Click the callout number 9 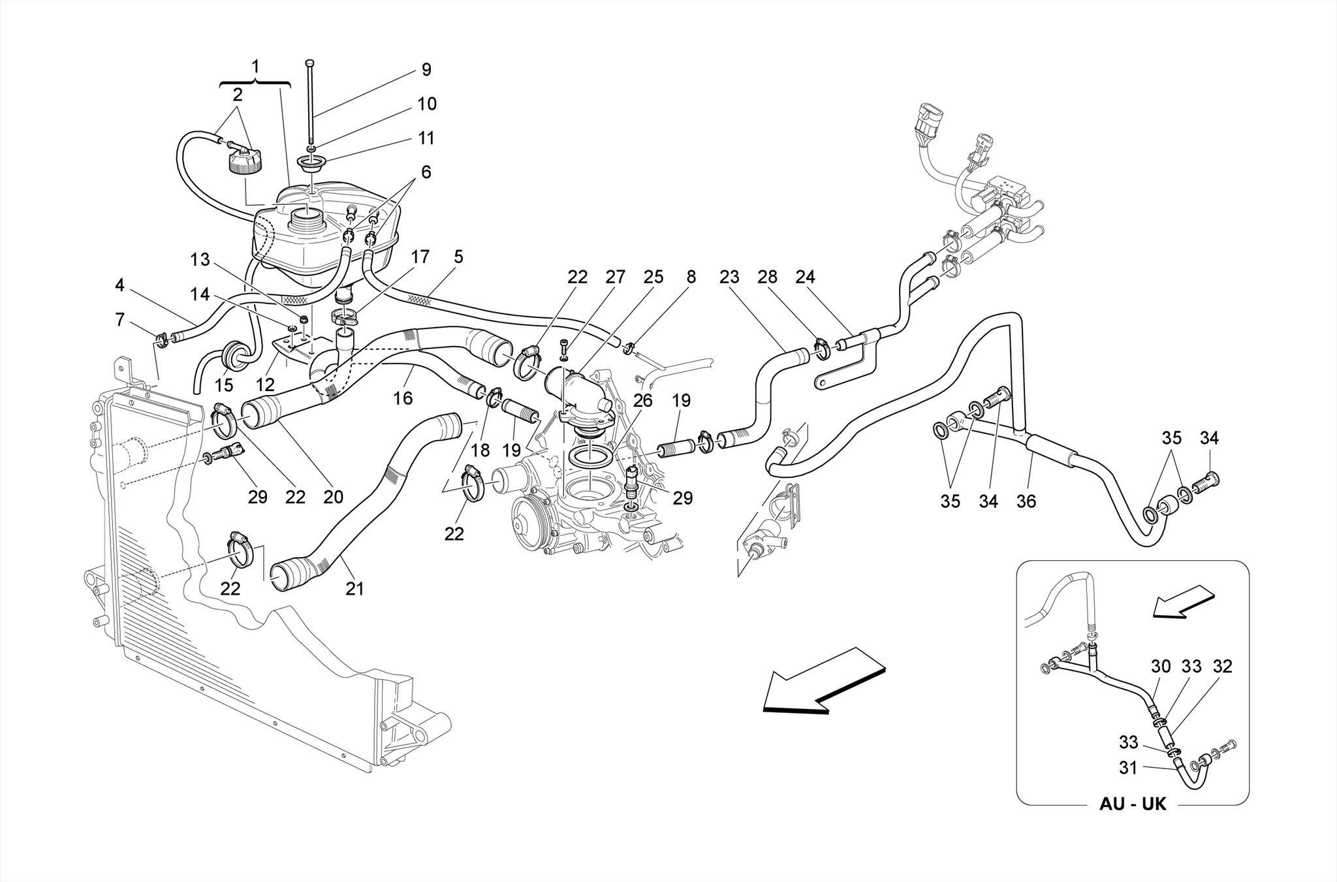point(426,70)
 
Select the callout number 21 point(354,589)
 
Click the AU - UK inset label point(1132,804)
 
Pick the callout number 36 point(1026,501)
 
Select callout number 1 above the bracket point(255,67)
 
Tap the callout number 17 point(420,257)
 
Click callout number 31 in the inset point(1128,768)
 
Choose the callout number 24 point(805,277)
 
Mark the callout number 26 point(643,400)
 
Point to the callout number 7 point(119,320)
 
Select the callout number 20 point(333,497)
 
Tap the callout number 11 point(426,138)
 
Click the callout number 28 point(767,277)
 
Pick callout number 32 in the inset point(1222,667)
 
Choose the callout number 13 point(200,260)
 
